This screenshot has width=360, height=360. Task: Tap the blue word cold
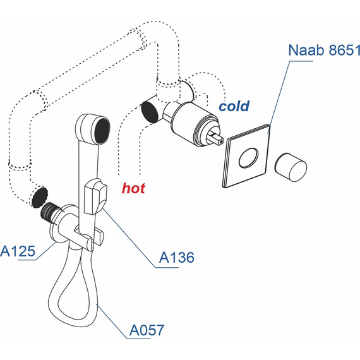[234, 106]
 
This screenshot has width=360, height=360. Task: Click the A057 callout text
[147, 329]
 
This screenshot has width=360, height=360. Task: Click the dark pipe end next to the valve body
[150, 111]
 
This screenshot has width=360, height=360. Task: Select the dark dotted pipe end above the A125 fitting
[39, 196]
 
